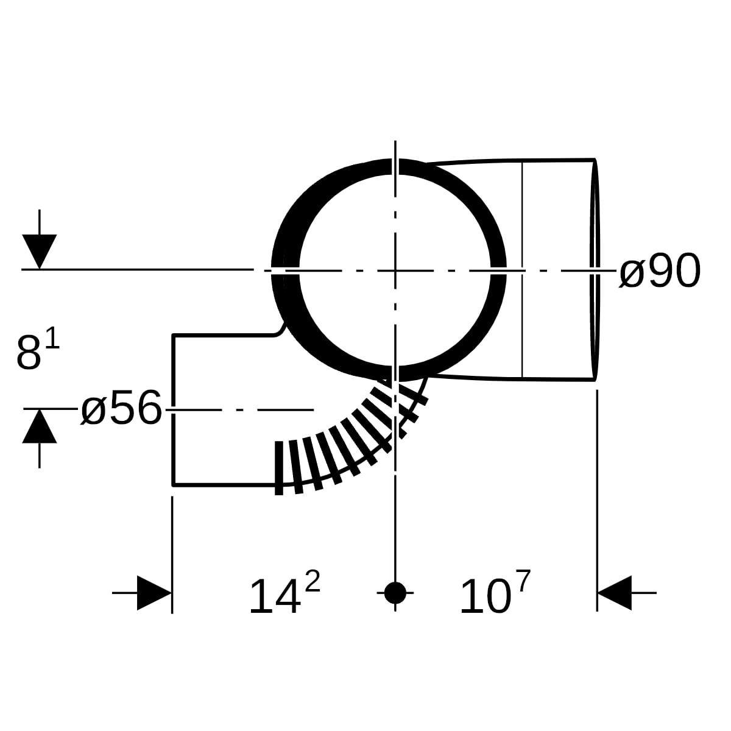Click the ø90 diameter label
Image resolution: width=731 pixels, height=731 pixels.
[x=660, y=271]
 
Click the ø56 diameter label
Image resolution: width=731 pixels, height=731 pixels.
[x=121, y=408]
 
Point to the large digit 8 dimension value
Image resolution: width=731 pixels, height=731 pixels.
[x=29, y=353]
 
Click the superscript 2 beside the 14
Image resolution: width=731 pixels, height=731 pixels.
[x=313, y=581]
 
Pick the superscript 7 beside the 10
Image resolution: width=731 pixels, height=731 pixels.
[x=523, y=581]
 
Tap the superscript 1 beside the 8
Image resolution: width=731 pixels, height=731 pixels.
[x=52, y=338]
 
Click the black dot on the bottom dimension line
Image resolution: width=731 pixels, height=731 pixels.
[x=395, y=593]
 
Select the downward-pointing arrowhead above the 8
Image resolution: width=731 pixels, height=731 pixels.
[x=40, y=251]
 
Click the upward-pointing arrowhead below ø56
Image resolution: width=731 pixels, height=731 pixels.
[x=40, y=426]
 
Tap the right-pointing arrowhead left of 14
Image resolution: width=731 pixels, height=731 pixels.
[x=154, y=593]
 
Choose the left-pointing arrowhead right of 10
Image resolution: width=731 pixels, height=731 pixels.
[x=615, y=593]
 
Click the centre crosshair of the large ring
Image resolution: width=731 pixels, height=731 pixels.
[x=395, y=270]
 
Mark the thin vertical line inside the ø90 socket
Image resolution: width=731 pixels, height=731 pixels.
[x=522, y=270]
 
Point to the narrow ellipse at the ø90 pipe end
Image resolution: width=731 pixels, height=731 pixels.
[x=595, y=270]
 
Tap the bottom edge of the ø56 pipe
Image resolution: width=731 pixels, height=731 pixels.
[x=224, y=485]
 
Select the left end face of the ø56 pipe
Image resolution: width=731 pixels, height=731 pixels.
[x=174, y=410]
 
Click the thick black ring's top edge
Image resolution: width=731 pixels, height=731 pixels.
[x=395, y=166]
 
